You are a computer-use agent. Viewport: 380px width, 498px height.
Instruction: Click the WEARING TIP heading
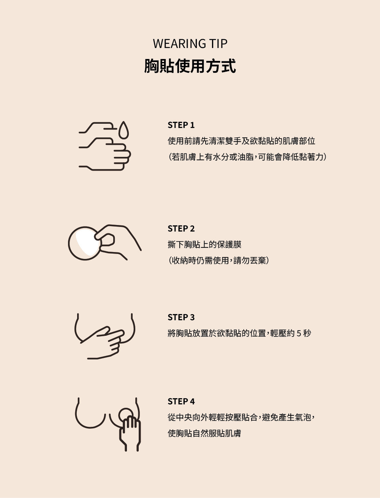pyautogui.click(x=190, y=44)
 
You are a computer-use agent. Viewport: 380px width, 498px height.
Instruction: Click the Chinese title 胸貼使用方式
pyautogui.click(x=190, y=66)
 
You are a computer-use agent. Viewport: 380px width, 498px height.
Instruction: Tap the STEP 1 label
pyautogui.click(x=181, y=125)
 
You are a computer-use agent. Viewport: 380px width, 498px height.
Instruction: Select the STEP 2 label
pyautogui.click(x=181, y=228)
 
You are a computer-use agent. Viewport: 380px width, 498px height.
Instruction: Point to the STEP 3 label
pyautogui.click(x=181, y=317)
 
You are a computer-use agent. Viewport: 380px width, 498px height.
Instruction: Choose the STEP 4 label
pyautogui.click(x=181, y=401)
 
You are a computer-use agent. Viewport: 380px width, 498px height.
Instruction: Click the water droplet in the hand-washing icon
pyautogui.click(x=123, y=131)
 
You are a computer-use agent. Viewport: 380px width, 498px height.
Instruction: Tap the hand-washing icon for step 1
pyautogui.click(x=104, y=146)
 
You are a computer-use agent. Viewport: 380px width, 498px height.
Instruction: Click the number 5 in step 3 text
pyautogui.click(x=299, y=333)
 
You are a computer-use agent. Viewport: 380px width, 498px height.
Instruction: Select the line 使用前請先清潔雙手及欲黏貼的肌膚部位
pyautogui.click(x=241, y=141)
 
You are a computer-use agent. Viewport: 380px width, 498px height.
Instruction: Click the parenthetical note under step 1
pyautogui.click(x=247, y=157)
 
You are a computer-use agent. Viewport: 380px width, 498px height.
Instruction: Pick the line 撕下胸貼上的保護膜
pyautogui.click(x=204, y=244)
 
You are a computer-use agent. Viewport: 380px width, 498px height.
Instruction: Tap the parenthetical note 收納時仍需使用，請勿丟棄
pyautogui.click(x=218, y=260)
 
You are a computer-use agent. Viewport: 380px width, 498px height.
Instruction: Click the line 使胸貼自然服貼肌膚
pyautogui.click(x=204, y=433)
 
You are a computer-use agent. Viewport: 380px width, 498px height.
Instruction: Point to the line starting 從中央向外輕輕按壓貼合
pyautogui.click(x=241, y=417)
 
